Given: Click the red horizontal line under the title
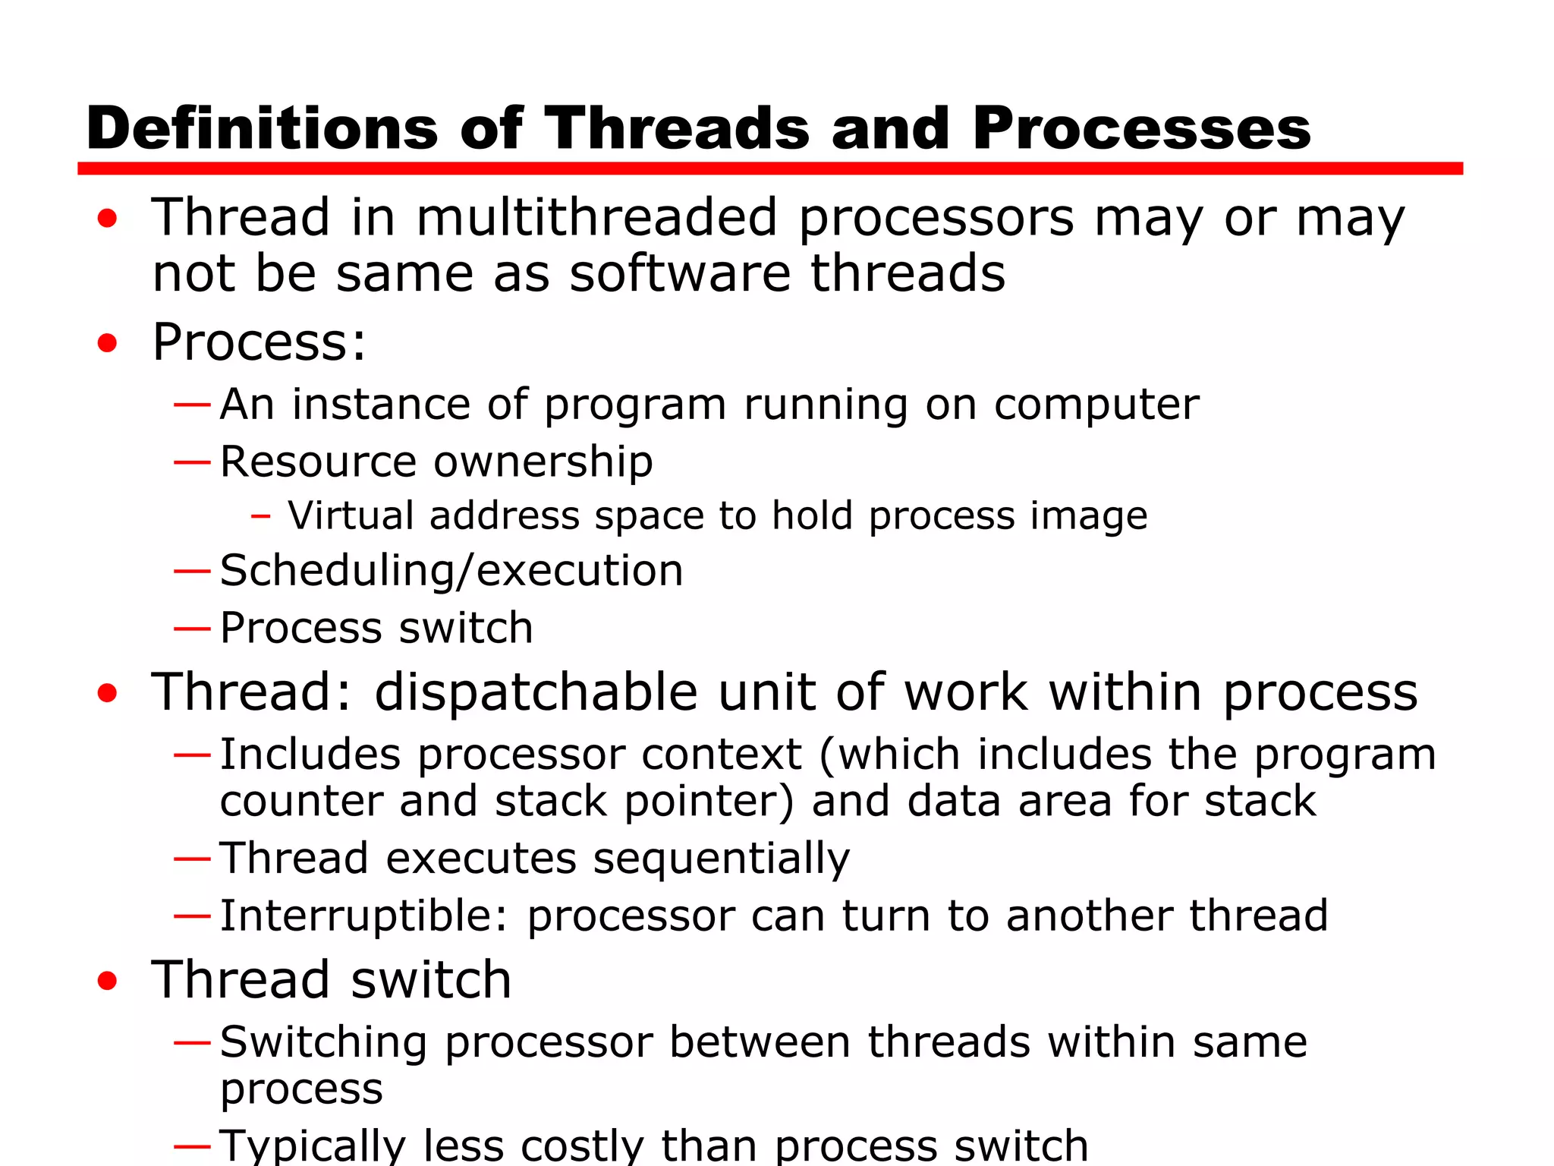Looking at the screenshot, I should point(769,168).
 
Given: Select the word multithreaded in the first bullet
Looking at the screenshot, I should point(596,218).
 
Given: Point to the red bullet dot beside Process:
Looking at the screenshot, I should point(108,343).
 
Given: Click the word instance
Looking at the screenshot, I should point(381,404).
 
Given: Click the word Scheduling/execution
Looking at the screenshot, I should point(451,571).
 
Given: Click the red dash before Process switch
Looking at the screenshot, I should point(191,629).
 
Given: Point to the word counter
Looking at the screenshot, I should point(301,802).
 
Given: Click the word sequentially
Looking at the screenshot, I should point(721,859).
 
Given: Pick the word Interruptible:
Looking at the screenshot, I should point(363,915).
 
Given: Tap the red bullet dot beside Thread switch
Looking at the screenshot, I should point(108,981).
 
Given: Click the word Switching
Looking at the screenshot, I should point(323,1042).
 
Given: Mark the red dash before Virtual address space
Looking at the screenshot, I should point(261,517).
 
